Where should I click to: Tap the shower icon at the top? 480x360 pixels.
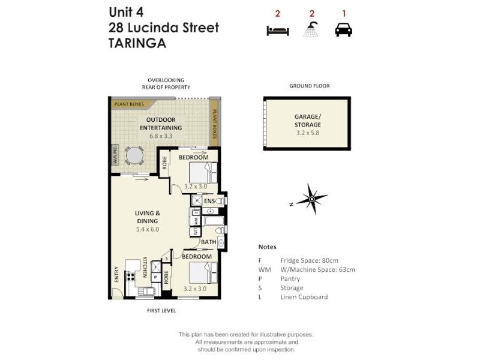[x=311, y=29]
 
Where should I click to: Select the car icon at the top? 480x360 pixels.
[x=343, y=29]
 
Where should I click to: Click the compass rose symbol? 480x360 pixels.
[x=312, y=198]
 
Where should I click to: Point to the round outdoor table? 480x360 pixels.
[x=134, y=157]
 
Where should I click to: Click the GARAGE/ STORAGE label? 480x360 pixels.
[x=307, y=121]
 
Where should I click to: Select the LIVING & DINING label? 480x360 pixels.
[x=147, y=217]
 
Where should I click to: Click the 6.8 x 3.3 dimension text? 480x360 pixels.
[x=161, y=136]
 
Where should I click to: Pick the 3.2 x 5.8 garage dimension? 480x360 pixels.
[x=307, y=133]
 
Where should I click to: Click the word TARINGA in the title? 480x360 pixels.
[x=136, y=43]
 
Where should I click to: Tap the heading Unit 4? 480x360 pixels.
[x=126, y=12]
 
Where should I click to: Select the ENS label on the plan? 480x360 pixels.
[x=210, y=202]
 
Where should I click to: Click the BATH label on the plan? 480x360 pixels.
[x=208, y=242]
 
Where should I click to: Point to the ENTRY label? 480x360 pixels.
[x=116, y=274]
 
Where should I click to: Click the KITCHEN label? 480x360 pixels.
[x=145, y=267]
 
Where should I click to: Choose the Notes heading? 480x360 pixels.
[x=267, y=247]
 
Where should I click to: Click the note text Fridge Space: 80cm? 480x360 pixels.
[x=310, y=260]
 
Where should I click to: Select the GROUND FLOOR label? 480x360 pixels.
[x=309, y=86]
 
